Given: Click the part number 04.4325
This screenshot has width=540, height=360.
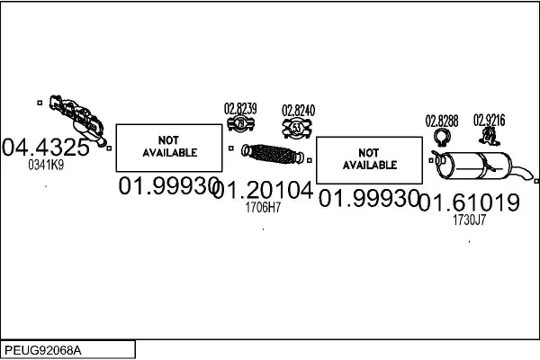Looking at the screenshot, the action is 46,147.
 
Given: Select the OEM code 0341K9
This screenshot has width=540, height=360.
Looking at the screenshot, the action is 46,165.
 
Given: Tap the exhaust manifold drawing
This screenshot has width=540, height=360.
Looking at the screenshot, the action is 77,120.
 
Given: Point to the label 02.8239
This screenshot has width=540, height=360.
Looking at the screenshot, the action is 240,109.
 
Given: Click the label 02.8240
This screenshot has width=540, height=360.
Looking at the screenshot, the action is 298,111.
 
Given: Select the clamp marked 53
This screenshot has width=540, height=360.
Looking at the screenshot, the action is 297,128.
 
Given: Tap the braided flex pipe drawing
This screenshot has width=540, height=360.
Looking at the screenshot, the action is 273,154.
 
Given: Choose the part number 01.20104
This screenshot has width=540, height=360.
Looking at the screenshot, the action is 264,190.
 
